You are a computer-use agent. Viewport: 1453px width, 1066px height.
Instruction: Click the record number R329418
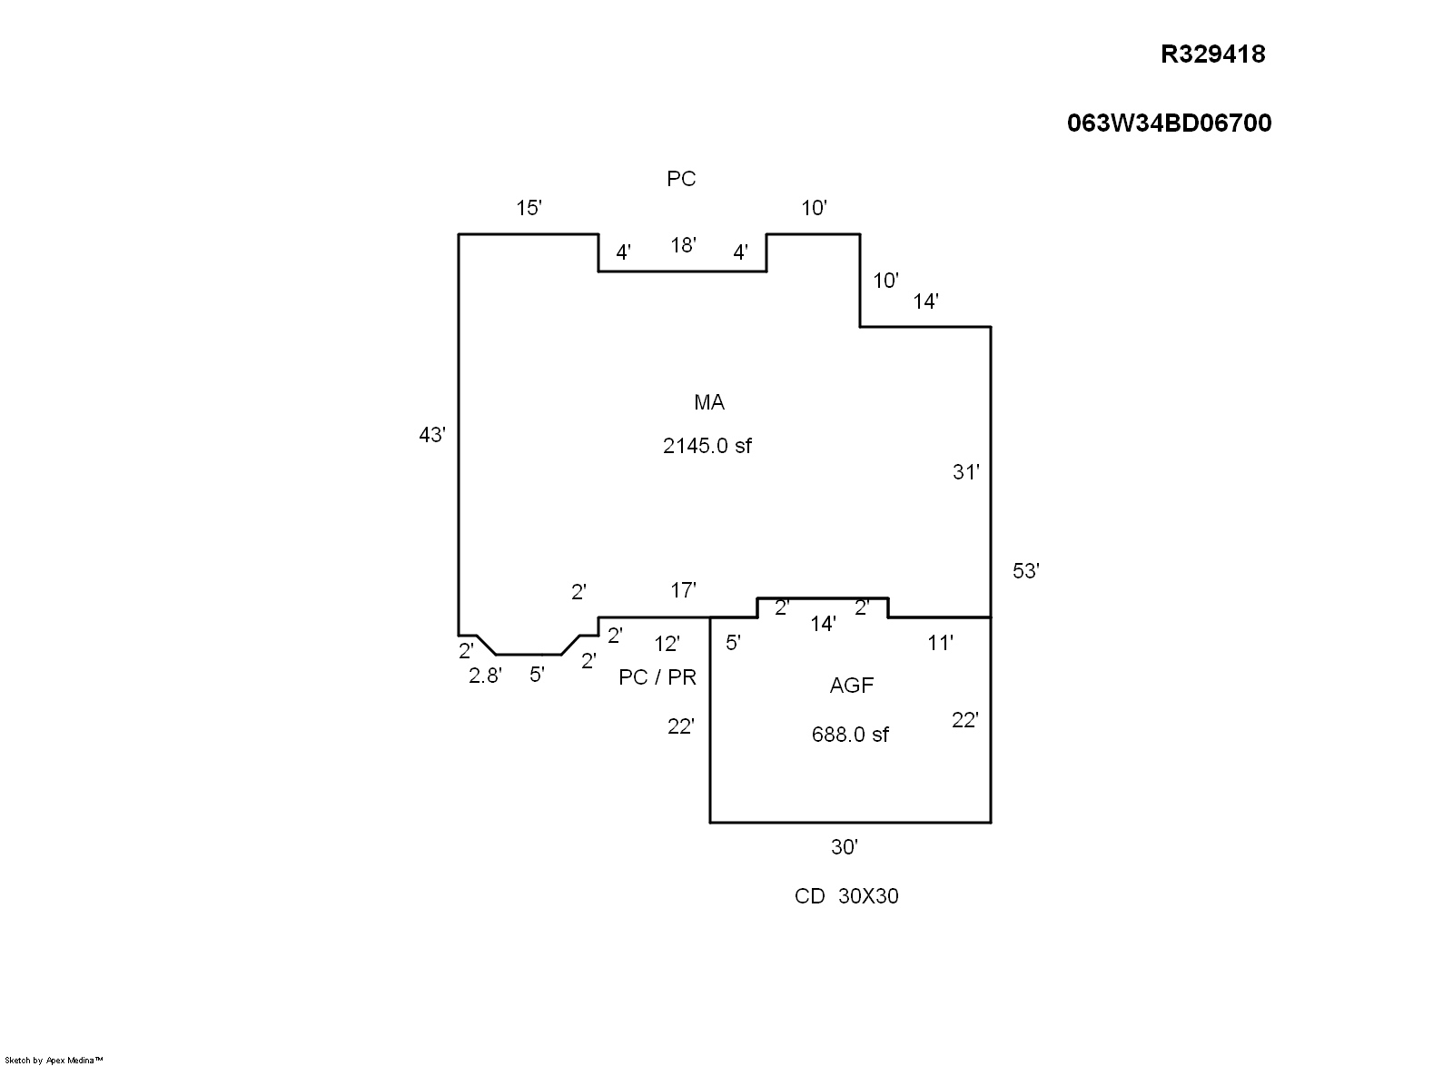(x=1212, y=54)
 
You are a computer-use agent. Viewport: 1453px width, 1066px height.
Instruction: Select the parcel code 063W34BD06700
(x=1169, y=123)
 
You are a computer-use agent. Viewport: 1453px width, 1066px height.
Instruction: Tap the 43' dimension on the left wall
(x=432, y=434)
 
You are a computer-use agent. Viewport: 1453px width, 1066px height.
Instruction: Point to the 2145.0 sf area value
(x=707, y=446)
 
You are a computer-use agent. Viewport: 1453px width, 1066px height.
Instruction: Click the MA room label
(x=709, y=402)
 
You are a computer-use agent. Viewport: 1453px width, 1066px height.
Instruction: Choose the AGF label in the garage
(x=852, y=686)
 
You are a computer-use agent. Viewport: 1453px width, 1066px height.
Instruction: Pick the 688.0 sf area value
(x=850, y=734)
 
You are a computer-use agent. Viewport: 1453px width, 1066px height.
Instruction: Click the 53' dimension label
(x=1025, y=570)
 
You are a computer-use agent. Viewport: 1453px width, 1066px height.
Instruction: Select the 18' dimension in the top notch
(x=683, y=245)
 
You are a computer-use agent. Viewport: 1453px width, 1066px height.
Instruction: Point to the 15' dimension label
(x=529, y=208)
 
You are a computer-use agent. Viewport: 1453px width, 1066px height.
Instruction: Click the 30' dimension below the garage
(x=845, y=847)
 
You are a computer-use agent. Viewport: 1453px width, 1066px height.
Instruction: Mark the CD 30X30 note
(x=846, y=896)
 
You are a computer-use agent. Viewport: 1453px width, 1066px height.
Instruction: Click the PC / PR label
(x=657, y=677)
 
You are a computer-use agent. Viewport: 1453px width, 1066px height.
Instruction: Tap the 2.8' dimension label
(x=485, y=676)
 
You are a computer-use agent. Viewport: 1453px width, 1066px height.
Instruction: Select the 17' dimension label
(x=683, y=590)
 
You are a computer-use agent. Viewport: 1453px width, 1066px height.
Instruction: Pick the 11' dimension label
(x=940, y=643)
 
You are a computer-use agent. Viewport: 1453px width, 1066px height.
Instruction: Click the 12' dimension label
(x=667, y=643)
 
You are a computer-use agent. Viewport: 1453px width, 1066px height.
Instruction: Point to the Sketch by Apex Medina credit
(x=54, y=1061)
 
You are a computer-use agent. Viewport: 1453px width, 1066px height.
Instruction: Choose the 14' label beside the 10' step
(x=925, y=301)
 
